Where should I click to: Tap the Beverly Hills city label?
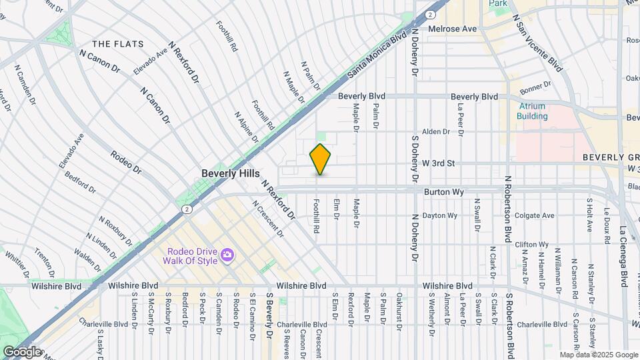[x=231, y=173]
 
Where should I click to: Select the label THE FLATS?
[x=118, y=44]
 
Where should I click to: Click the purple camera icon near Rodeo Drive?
[x=227, y=255]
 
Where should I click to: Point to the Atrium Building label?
[x=532, y=111]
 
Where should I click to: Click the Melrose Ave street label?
[x=453, y=29]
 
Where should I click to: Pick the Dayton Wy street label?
[x=440, y=215]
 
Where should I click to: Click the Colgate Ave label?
[x=535, y=215]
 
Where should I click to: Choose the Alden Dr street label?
[x=437, y=132]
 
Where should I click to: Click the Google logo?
[x=21, y=351]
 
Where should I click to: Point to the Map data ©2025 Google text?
[x=598, y=355]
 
